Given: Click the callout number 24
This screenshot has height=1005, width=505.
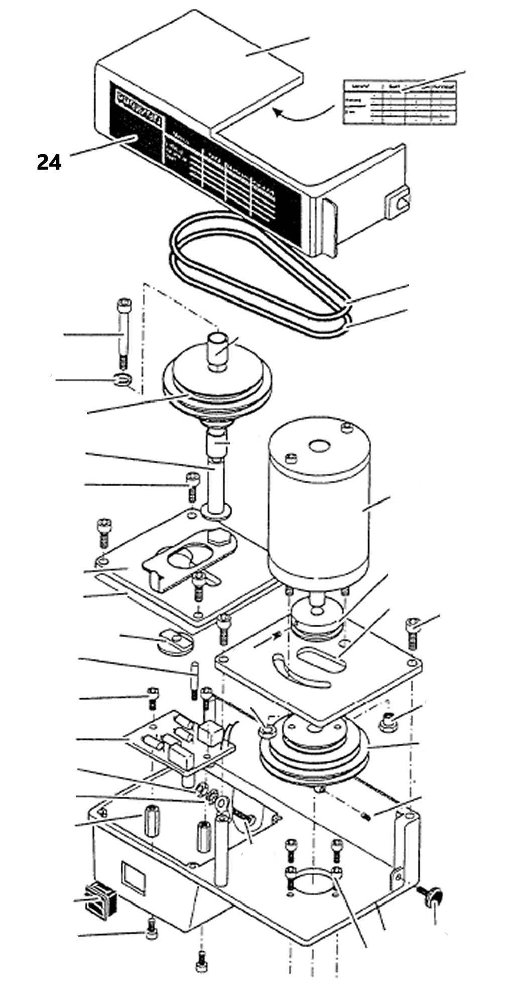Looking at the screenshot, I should click(x=49, y=163).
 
